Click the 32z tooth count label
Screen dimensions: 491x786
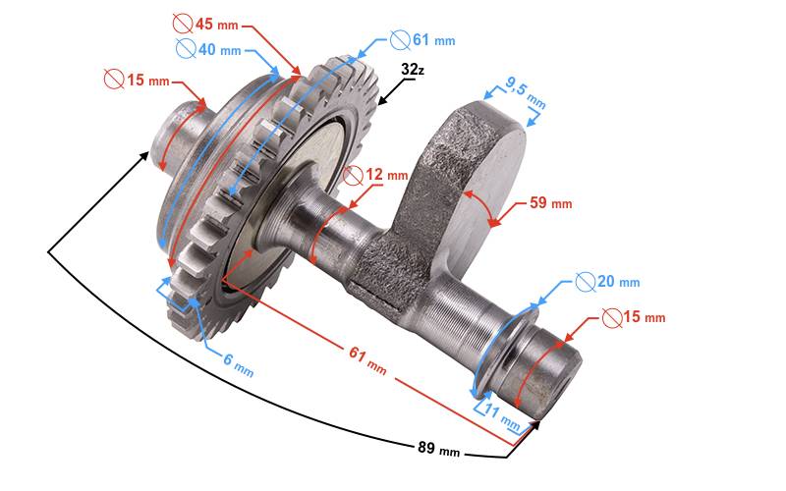tap(414, 70)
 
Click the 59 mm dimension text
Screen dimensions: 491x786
tap(550, 203)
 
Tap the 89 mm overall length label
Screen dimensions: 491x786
tap(436, 450)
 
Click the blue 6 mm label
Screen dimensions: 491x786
tap(238, 361)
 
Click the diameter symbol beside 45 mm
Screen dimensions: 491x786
tap(183, 23)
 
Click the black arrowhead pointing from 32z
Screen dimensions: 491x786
tap(387, 97)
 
